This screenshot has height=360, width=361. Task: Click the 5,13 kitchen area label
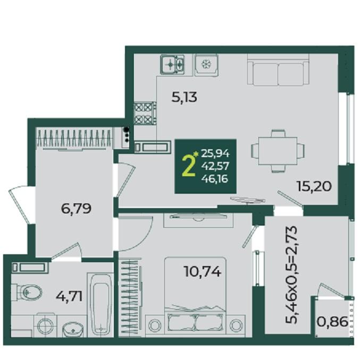[x=184, y=97]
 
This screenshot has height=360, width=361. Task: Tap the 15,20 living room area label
[x=314, y=186]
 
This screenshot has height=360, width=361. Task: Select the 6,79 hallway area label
[x=76, y=209]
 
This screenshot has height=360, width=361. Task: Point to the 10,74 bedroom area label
[x=203, y=271]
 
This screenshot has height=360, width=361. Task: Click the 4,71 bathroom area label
[x=69, y=296]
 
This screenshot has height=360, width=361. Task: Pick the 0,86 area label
[x=332, y=322]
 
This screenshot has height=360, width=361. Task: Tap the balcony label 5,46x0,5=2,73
[x=291, y=275]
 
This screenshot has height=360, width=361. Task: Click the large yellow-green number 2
[x=188, y=165]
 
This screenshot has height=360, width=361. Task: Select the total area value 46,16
[x=215, y=178]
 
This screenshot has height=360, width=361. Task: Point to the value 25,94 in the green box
[x=215, y=153]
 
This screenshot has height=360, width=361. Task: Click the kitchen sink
[x=172, y=64]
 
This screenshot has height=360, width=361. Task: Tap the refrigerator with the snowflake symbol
[x=206, y=65]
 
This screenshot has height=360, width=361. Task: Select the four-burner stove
[x=145, y=113]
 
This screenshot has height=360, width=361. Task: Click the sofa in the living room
[x=278, y=70]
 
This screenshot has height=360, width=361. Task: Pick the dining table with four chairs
[x=278, y=151]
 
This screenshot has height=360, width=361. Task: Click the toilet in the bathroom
[x=27, y=292]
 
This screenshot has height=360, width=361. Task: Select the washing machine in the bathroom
[x=45, y=325]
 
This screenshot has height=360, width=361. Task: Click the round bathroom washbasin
[x=73, y=329]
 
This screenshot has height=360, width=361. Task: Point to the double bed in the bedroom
[x=195, y=297]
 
